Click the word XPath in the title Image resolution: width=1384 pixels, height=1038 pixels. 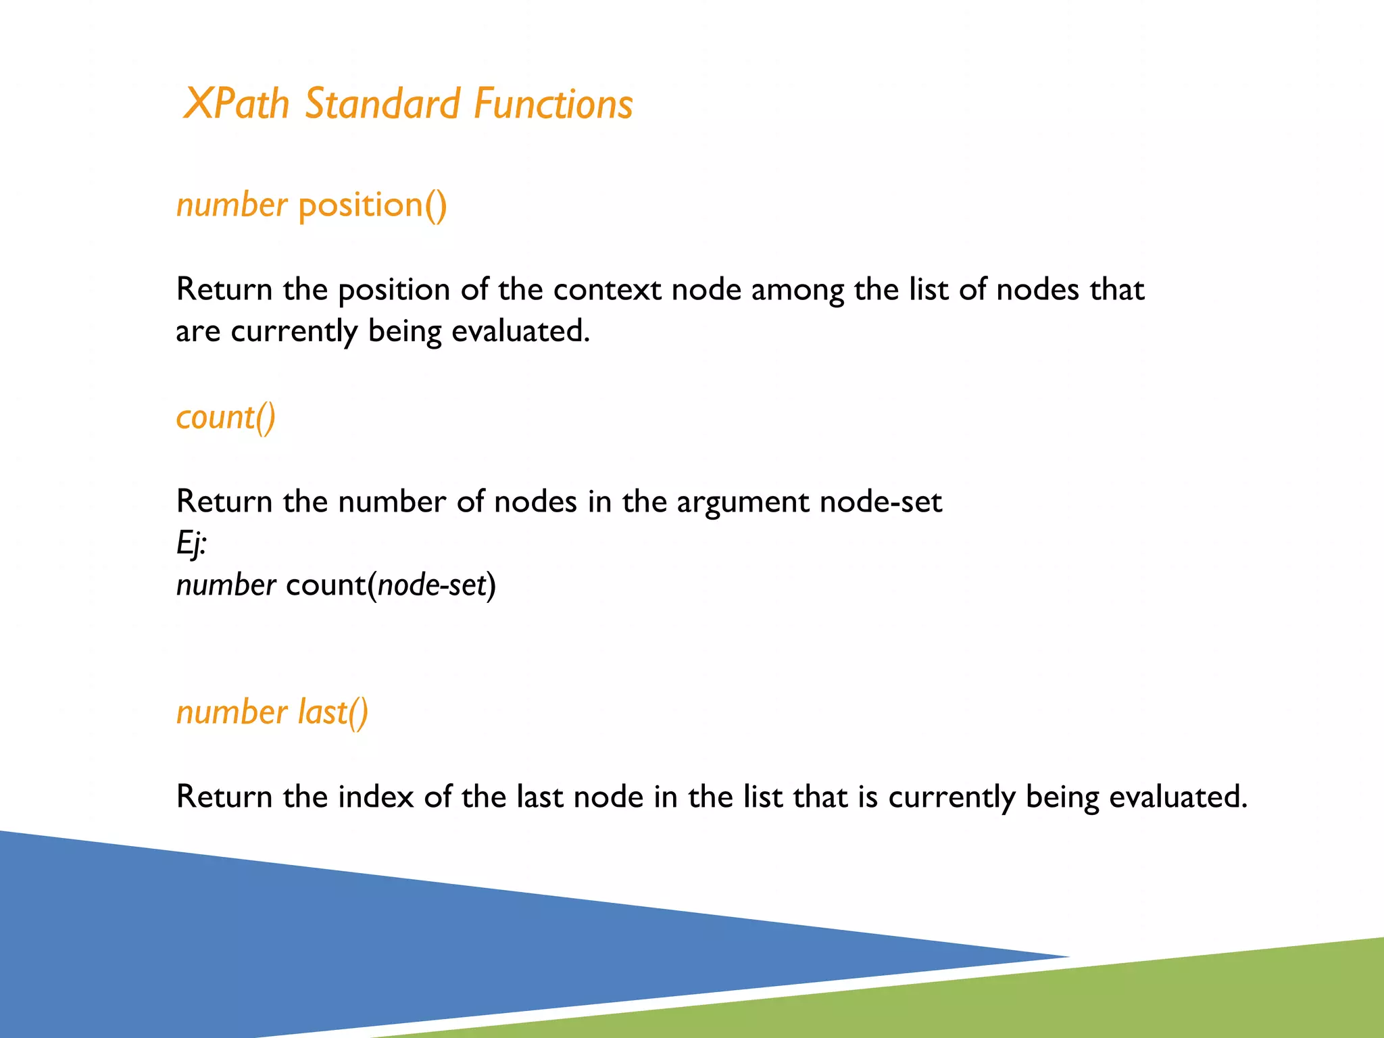pos(236,104)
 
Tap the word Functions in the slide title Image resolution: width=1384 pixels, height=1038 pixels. pos(553,104)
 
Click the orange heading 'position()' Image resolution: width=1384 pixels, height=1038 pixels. pos(372,205)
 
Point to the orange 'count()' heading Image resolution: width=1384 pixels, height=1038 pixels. pos(226,418)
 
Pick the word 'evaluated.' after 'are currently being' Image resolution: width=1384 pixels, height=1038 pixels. pos(520,332)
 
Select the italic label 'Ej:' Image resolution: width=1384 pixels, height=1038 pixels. pos(191,543)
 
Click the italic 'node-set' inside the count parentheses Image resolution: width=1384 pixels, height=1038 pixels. pos(432,585)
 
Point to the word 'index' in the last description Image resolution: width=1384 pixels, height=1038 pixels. pos(376,797)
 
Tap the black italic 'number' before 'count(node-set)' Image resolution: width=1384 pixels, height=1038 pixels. pos(226,585)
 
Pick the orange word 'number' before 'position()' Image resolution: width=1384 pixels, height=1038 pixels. pos(232,205)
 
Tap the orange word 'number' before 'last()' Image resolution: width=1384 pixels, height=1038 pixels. pos(232,713)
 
